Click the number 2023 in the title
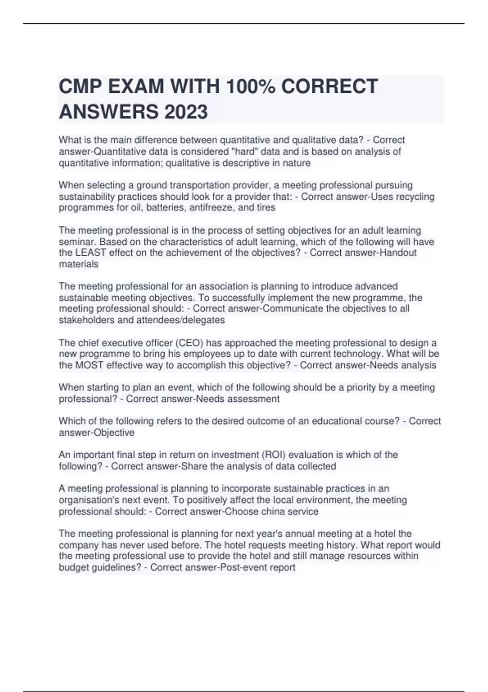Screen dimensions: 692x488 pos(186,112)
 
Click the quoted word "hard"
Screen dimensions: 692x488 pos(245,151)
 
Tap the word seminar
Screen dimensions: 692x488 pos(77,242)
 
